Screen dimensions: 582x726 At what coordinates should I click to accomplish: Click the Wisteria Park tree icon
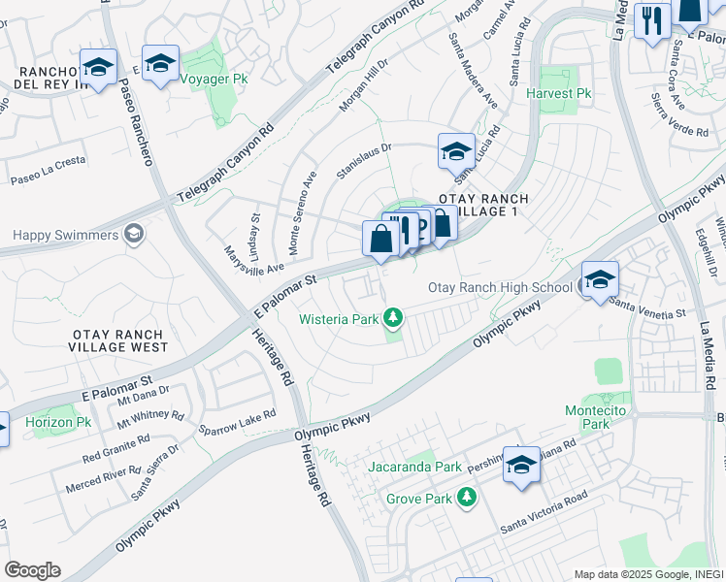point(392,317)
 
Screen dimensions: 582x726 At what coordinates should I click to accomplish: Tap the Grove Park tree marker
point(468,498)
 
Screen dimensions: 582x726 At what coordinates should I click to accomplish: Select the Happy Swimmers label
point(66,236)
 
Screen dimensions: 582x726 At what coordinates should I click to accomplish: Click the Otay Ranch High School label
point(500,287)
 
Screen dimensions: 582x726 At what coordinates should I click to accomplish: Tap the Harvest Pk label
point(559,94)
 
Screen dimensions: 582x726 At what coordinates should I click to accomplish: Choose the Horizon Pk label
point(57,423)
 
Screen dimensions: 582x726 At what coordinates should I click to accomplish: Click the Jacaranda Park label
point(415,467)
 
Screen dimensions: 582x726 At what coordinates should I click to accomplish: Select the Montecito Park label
point(601,417)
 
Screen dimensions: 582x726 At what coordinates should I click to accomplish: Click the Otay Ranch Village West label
point(119,339)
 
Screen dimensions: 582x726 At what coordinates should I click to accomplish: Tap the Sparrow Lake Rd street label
point(238,421)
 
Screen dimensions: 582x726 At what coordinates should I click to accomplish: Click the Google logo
point(32,570)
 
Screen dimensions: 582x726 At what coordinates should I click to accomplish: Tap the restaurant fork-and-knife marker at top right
point(651,19)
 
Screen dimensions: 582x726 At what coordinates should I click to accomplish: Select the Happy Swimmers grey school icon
point(134,235)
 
